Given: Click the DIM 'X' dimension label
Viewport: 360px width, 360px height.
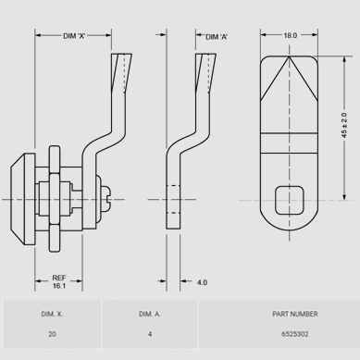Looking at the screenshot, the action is coord(74,36).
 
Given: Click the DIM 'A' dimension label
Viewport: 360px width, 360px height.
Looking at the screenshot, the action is coord(217,37).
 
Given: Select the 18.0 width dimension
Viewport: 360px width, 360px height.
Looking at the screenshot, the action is coord(291,35).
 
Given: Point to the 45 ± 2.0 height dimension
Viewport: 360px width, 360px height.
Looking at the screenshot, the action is coord(344,126).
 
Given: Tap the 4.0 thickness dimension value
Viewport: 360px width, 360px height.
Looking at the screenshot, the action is coord(202,282).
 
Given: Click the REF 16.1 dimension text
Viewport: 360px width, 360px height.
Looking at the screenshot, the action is coord(59,282).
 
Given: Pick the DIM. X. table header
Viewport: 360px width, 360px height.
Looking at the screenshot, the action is coord(52,314).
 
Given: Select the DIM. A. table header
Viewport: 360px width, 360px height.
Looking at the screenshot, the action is coord(150,314).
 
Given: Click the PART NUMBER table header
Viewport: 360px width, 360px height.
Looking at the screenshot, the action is coord(295,314).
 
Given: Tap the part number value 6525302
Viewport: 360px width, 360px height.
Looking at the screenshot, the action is coord(295,334).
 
